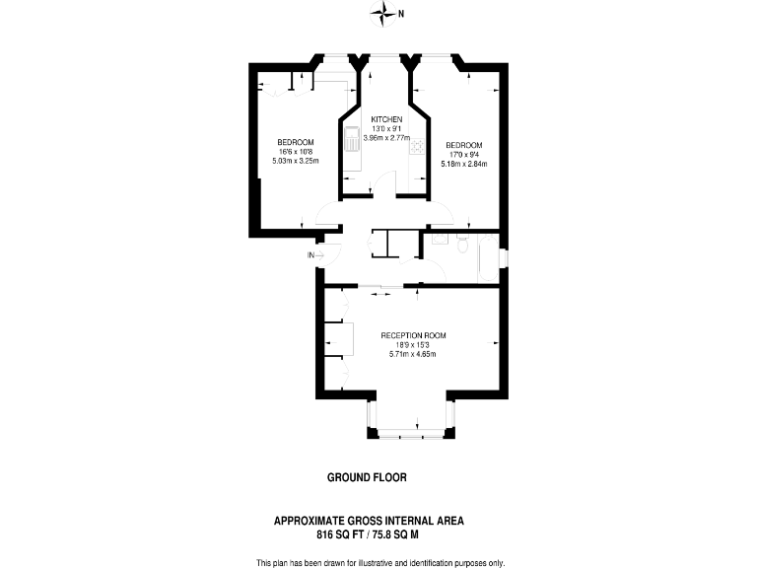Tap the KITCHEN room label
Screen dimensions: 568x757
386,119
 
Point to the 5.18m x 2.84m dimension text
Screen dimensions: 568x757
462,162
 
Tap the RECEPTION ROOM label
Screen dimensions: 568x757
414,335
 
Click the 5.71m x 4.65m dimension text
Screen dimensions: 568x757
414,354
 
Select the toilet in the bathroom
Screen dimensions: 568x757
460,239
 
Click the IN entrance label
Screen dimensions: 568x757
311,255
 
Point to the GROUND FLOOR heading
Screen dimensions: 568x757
367,477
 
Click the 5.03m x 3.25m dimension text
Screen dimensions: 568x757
295,160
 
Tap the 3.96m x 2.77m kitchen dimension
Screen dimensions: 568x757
386,137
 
